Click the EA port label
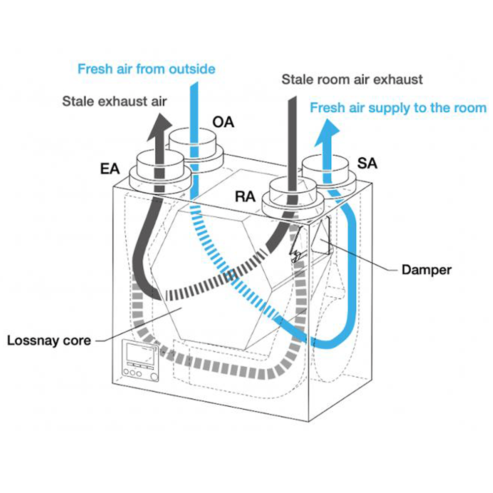[110, 169]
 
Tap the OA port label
[223, 122]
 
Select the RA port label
[245, 197]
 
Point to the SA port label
[367, 163]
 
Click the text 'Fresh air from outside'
[146, 69]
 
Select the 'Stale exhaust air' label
[114, 101]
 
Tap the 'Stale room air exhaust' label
[352, 79]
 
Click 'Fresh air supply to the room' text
[398, 108]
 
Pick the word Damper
[426, 270]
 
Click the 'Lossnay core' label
[49, 341]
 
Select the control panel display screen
[140, 354]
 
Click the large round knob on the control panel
[154, 377]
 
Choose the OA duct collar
[196, 150]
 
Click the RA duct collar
[293, 198]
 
